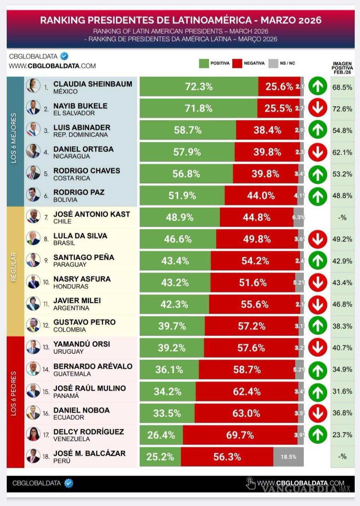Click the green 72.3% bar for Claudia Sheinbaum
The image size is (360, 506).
(199, 87)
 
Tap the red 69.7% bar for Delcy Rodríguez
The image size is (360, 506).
(240, 435)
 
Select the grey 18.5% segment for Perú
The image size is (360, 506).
(288, 457)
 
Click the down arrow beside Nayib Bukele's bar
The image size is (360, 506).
(318, 108)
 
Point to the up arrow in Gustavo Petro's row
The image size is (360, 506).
(318, 326)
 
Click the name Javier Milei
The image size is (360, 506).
(77, 301)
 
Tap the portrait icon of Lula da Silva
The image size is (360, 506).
(33, 238)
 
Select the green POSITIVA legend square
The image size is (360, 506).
(204, 63)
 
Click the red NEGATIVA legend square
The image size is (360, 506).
(237, 63)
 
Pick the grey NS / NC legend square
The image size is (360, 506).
(273, 63)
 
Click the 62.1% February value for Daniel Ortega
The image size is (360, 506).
(342, 153)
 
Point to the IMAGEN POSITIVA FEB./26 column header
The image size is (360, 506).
(342, 68)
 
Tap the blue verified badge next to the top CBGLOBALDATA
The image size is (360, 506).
(64, 56)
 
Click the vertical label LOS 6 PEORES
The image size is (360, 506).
(14, 394)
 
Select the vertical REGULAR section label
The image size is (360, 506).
(14, 267)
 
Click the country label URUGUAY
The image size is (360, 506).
(68, 352)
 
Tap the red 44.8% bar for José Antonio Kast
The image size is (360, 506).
(256, 217)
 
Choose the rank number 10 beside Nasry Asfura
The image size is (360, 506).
(46, 282)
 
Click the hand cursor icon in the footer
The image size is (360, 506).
(250, 483)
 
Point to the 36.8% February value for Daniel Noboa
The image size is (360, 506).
(342, 413)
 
